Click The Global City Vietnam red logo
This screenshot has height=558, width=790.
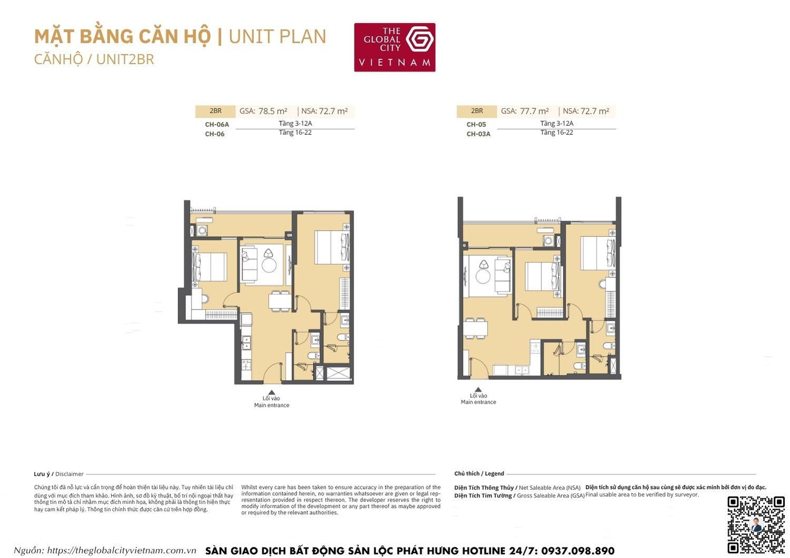[x=394, y=47]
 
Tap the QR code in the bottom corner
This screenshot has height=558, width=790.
[x=756, y=524]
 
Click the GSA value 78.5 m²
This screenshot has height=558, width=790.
[x=272, y=111]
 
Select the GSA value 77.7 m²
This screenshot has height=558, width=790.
[x=534, y=111]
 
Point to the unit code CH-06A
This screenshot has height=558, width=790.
[x=217, y=125]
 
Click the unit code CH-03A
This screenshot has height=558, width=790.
[x=478, y=134]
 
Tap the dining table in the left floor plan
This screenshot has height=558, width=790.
[x=279, y=301]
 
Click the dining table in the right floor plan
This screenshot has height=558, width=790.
[x=476, y=328]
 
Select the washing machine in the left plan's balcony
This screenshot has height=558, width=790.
[x=202, y=231]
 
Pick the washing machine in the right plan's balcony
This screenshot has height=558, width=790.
[x=548, y=241]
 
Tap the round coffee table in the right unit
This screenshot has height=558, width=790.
[x=482, y=276]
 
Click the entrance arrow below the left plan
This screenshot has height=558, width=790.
[x=271, y=392]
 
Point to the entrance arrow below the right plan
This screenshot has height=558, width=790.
[x=478, y=390]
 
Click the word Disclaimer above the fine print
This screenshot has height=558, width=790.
[x=70, y=474]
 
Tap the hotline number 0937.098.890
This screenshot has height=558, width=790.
[x=577, y=551]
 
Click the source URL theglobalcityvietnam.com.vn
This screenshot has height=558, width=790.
[x=122, y=551]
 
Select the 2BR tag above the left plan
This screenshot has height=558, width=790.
[x=215, y=111]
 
